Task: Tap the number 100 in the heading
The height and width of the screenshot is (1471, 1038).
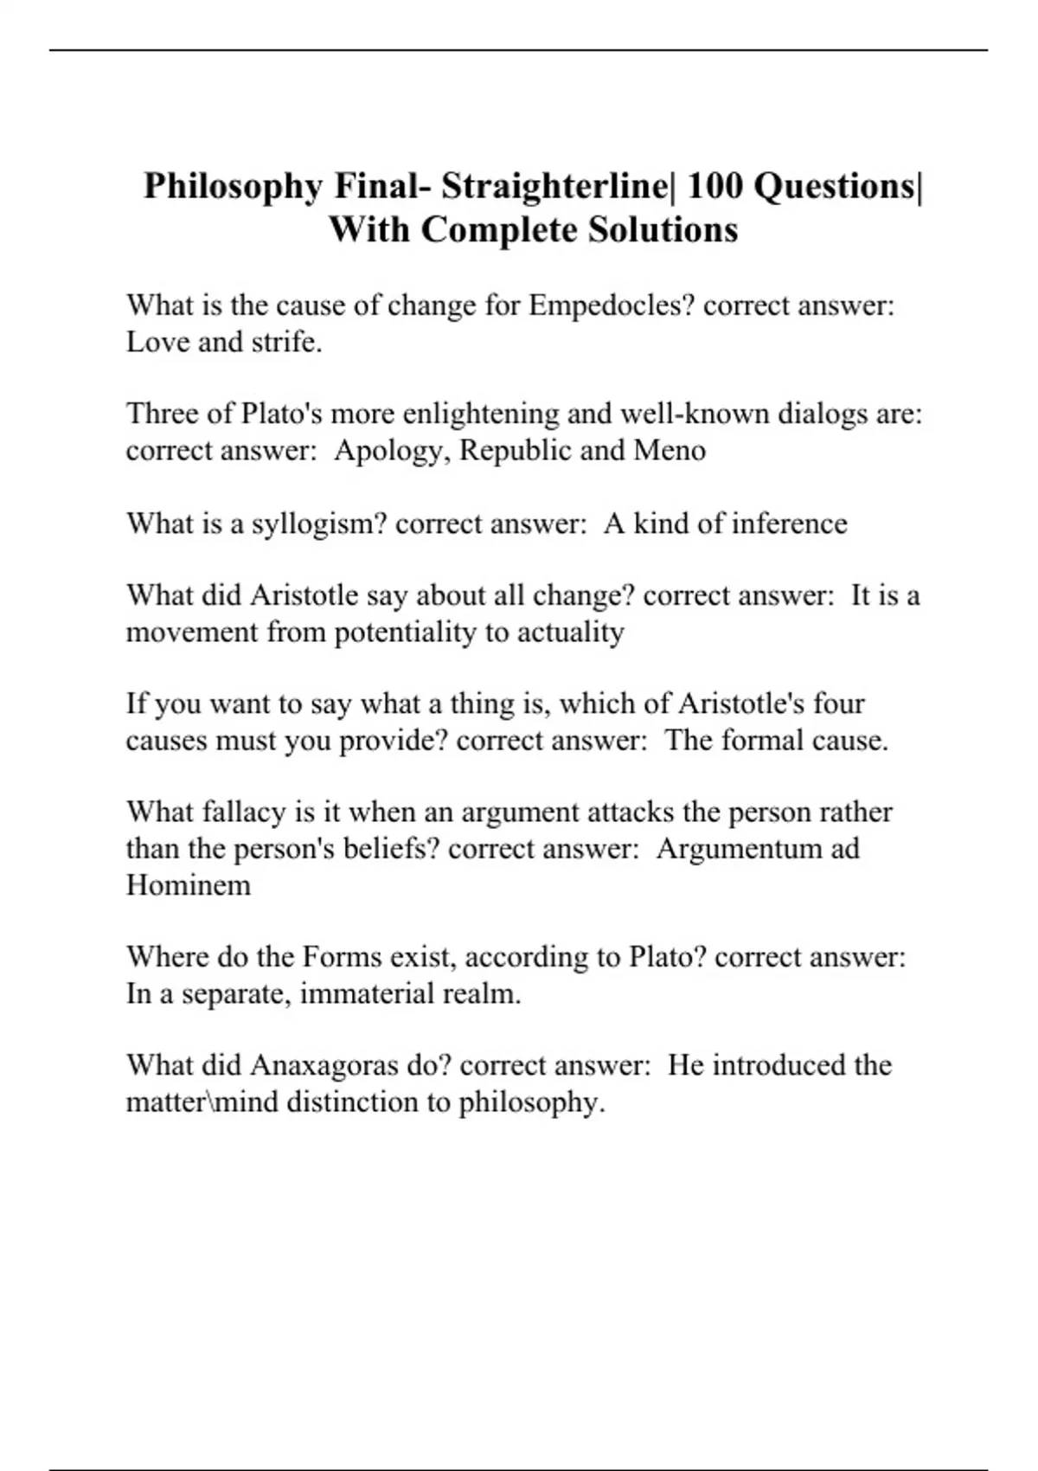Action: [714, 186]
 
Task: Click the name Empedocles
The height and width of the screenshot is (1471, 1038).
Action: [612, 305]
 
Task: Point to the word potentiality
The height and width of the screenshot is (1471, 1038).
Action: [406, 633]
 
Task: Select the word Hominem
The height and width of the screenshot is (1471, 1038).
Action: [189, 885]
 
